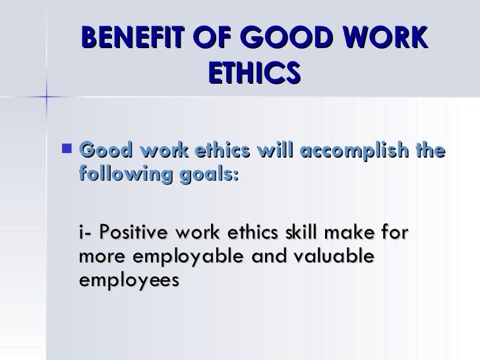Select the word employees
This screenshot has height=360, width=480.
click(129, 281)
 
